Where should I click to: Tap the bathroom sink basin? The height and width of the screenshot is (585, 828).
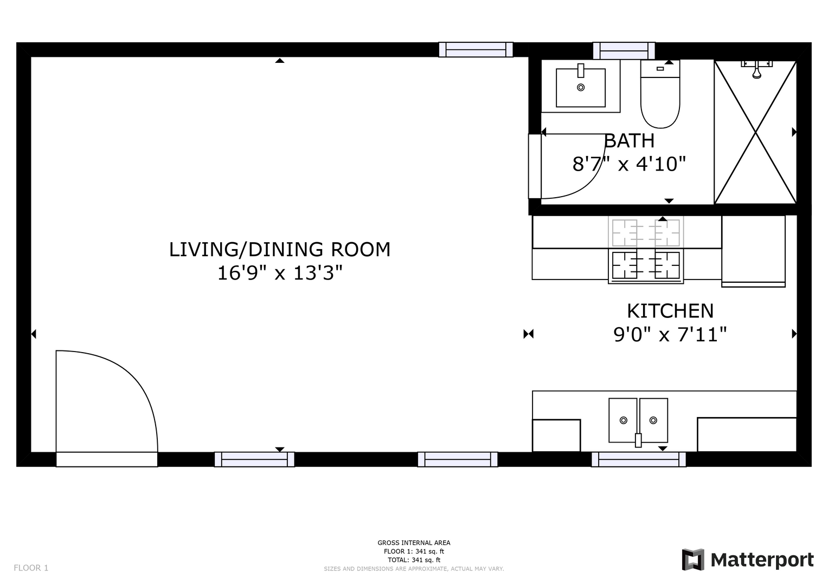click(581, 88)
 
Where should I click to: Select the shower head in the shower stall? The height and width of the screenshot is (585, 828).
click(756, 70)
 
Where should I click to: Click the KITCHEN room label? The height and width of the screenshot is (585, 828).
click(670, 311)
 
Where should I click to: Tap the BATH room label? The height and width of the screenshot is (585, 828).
click(630, 141)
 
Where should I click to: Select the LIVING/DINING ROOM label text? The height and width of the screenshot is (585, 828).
click(280, 250)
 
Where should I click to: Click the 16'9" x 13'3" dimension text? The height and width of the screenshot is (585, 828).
click(280, 274)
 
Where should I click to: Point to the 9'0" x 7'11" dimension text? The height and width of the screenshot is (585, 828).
click(670, 335)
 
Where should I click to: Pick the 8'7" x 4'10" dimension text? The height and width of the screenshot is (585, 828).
click(629, 164)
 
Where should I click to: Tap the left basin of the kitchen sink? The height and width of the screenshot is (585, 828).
click(623, 420)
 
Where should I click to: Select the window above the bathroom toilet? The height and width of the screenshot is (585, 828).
click(624, 50)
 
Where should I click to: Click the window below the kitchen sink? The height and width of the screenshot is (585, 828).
click(639, 459)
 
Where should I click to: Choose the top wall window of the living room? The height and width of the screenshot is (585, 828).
click(476, 49)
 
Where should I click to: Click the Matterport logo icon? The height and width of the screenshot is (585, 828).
click(693, 560)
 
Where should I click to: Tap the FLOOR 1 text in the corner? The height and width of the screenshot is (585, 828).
click(31, 568)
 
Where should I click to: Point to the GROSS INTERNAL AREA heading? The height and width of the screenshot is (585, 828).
click(414, 543)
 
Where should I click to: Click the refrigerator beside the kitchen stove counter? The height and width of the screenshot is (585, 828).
click(753, 251)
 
